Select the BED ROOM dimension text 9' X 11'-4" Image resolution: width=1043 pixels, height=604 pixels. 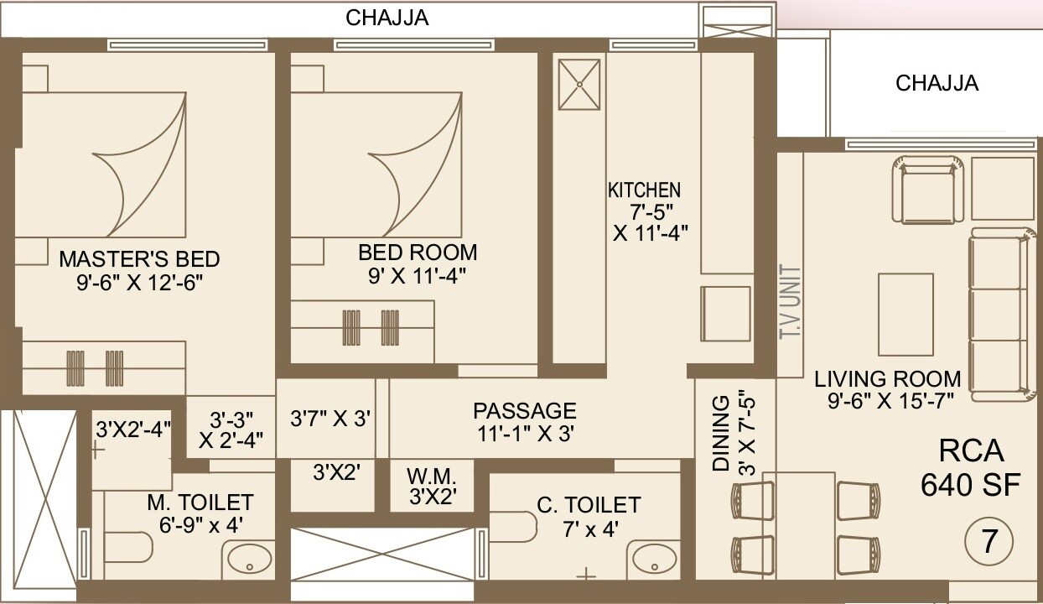point(417,275)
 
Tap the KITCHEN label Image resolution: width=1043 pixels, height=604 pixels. point(644,190)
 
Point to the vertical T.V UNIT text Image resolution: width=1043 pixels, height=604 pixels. point(790,303)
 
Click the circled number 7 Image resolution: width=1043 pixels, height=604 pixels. point(989,541)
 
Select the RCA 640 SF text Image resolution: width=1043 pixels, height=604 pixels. point(971,467)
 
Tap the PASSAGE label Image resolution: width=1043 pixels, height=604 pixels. point(525,411)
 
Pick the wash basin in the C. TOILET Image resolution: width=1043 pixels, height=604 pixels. point(654,559)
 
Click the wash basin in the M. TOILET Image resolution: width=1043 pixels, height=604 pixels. point(248,559)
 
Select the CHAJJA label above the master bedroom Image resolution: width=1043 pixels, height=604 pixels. point(387,18)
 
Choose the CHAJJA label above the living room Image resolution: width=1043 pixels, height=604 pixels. point(937,83)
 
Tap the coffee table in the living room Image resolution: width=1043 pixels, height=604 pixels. point(905,315)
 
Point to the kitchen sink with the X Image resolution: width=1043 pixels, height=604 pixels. point(579,84)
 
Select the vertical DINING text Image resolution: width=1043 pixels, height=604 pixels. point(720,435)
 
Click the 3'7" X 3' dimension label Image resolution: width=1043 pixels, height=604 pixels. point(330,418)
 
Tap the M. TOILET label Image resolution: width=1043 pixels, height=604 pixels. point(200,502)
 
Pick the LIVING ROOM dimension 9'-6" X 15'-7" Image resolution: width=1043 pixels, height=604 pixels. point(888,402)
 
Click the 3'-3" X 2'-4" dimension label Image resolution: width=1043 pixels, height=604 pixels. point(231,427)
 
